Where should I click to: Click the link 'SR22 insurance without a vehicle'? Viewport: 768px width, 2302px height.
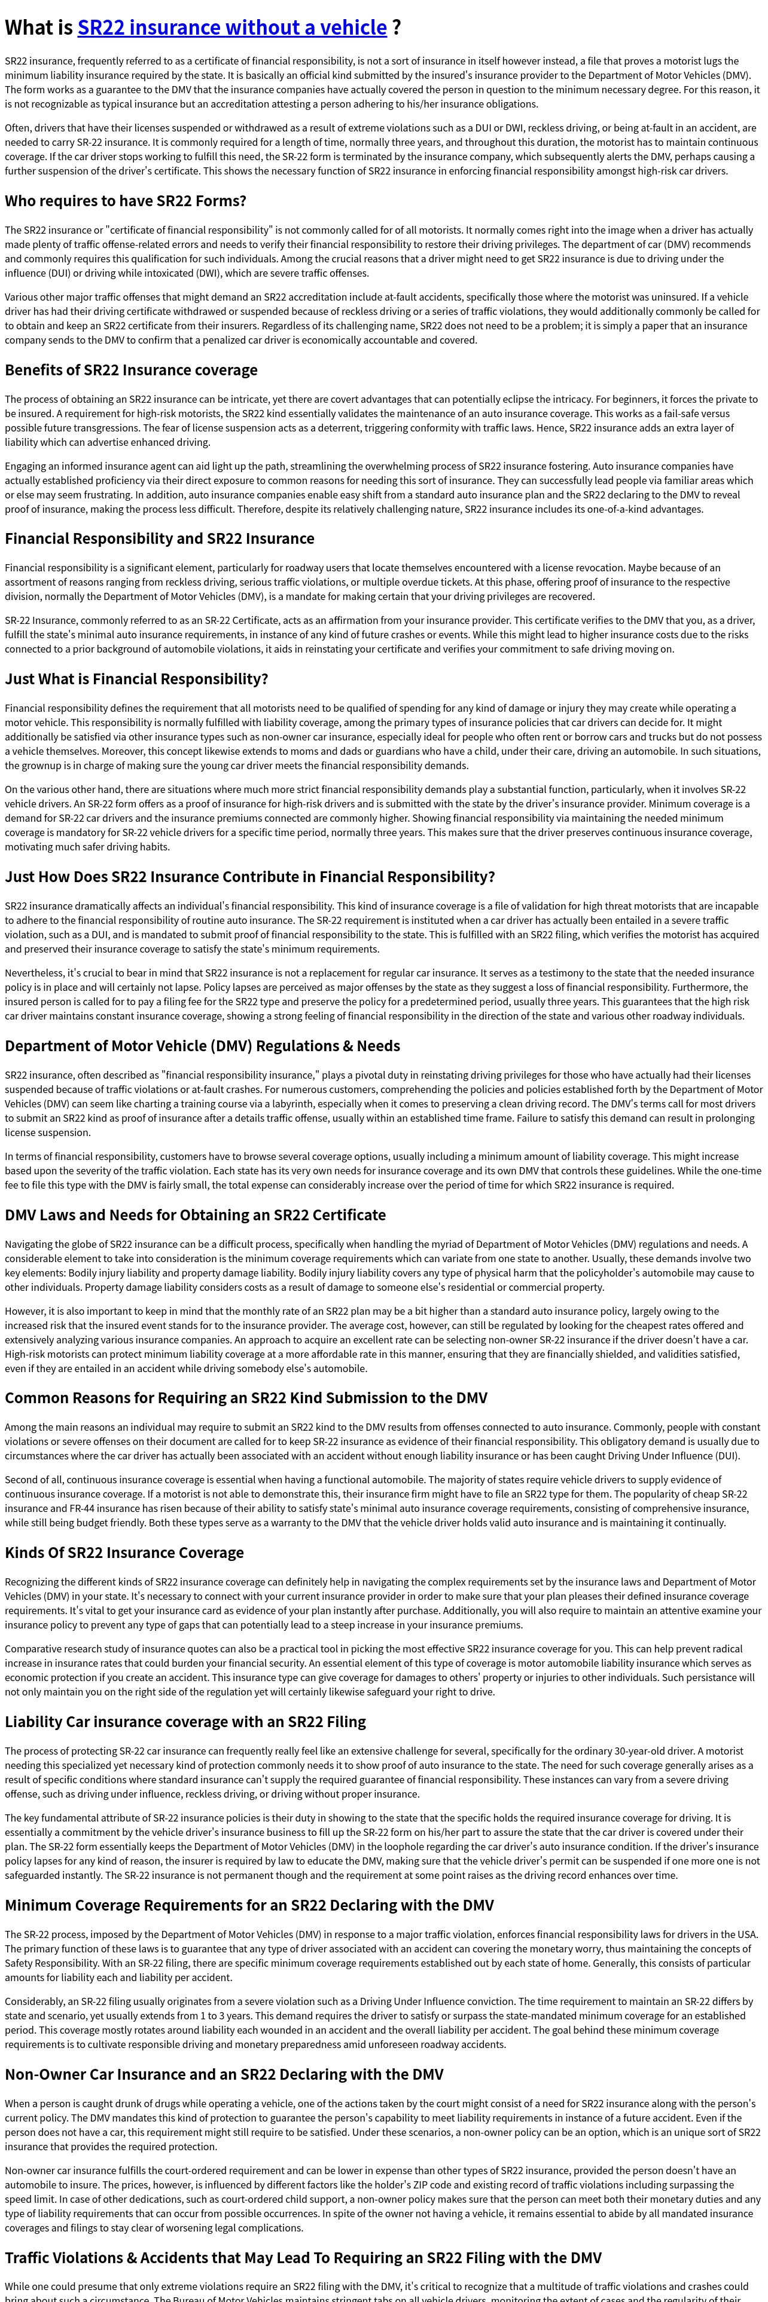pyautogui.click(x=231, y=27)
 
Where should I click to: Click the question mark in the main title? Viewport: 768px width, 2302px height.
pyautogui.click(x=396, y=27)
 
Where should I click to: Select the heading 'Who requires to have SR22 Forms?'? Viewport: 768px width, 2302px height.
pyautogui.click(x=125, y=201)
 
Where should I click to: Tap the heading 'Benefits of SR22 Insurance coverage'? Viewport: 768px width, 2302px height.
pyautogui.click(x=130, y=370)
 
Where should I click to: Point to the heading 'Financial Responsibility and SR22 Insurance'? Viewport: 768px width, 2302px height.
pyautogui.click(x=159, y=538)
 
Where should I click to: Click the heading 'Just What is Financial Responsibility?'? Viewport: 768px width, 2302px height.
pyautogui.click(x=136, y=679)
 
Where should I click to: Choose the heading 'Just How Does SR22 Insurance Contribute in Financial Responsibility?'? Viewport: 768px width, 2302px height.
pyautogui.click(x=249, y=877)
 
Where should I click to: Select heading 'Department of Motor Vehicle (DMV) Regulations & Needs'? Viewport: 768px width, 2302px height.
pyautogui.click(x=202, y=1046)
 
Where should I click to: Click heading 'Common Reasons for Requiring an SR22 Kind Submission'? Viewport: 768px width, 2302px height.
pyautogui.click(x=246, y=1398)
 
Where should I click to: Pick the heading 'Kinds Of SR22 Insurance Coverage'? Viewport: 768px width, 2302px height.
pyautogui.click(x=124, y=1552)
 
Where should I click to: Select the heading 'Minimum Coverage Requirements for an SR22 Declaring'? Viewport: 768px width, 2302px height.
pyautogui.click(x=249, y=1905)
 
